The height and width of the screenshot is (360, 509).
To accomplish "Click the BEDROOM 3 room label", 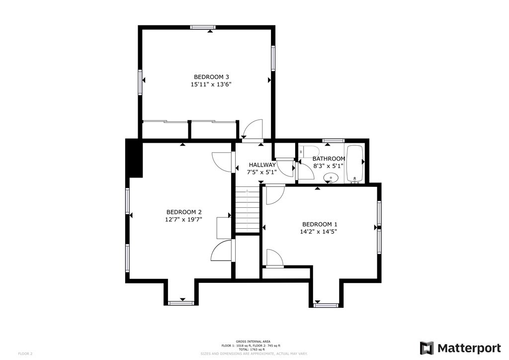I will tap(211, 77).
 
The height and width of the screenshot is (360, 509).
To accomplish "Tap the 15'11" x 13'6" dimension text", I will tap(211, 85).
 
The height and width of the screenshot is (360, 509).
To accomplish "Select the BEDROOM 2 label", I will tap(184, 211).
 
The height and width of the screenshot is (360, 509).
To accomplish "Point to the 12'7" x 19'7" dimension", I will tap(184, 219).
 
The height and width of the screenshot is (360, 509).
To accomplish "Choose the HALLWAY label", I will tap(262, 165).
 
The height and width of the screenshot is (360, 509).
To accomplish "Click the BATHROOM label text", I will tap(329, 159).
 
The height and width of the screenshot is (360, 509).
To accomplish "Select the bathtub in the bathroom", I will tap(355, 164).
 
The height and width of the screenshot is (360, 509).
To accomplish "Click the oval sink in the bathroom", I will tap(331, 178).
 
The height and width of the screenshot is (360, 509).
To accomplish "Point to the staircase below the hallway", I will tap(247, 209).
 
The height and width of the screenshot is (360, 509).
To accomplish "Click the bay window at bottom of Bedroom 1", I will tap(327, 304).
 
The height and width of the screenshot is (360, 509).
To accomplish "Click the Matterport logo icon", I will tap(426, 348).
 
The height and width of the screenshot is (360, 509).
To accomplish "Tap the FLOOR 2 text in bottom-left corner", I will tap(25, 354).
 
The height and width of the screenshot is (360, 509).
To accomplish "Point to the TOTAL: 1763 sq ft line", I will tap(251, 350).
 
